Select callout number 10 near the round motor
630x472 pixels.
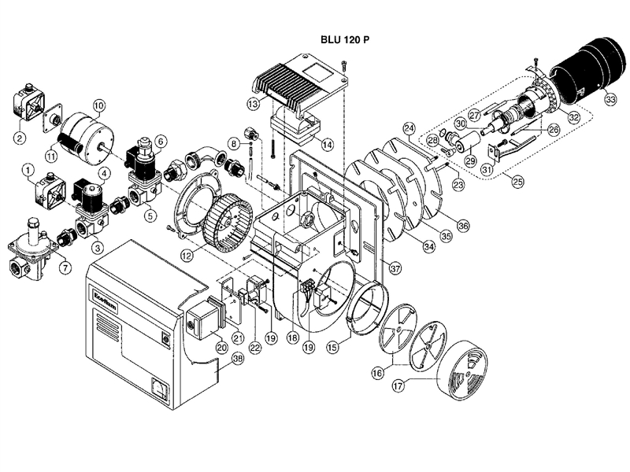tap(98, 105)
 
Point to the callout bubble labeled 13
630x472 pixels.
tap(253, 103)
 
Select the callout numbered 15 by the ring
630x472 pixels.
tap(332, 345)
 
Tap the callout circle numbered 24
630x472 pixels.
tap(409, 128)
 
